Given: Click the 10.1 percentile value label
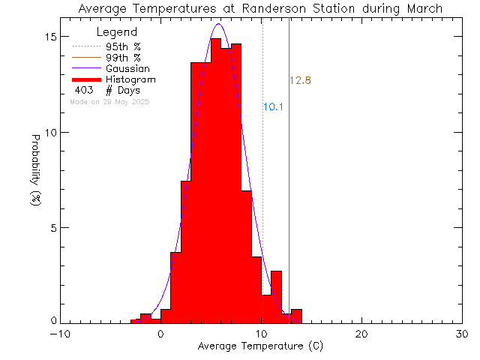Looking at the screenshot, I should coord(273,107).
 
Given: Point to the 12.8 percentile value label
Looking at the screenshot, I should coord(300,80).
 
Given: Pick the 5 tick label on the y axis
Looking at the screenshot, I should coord(54,227).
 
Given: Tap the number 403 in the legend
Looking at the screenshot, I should coord(84,90).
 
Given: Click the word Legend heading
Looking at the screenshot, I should coord(117,32).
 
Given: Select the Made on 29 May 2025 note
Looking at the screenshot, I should coord(109,101).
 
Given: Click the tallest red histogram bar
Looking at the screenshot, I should coord(215,180).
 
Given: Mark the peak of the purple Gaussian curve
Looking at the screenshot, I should coord(218,24).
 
